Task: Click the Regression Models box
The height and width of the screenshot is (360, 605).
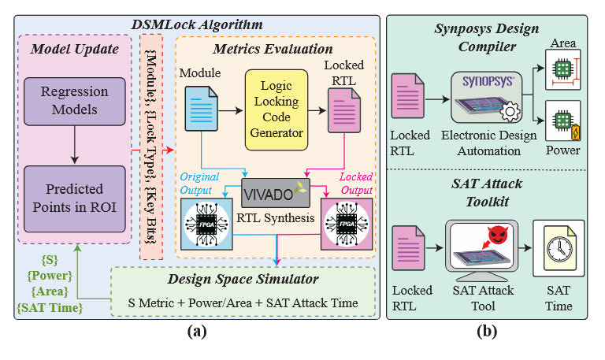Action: pyautogui.click(x=75, y=102)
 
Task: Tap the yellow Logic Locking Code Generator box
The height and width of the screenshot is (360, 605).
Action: pyautogui.click(x=275, y=109)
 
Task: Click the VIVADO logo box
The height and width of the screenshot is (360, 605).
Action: pyautogui.click(x=275, y=192)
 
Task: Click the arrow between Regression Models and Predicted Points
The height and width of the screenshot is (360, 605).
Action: pyautogui.click(x=75, y=144)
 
